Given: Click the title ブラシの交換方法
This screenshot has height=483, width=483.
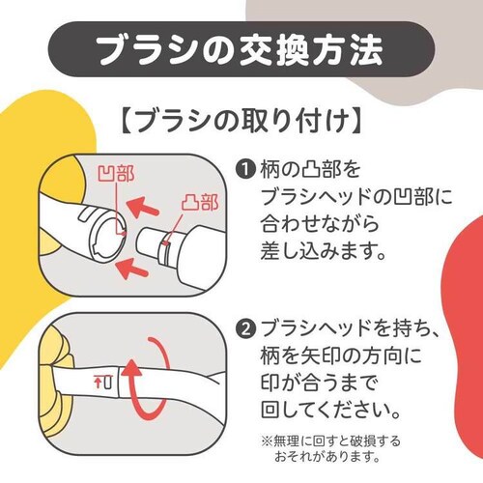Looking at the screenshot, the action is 241,50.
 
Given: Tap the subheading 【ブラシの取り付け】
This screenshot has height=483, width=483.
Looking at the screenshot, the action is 241,121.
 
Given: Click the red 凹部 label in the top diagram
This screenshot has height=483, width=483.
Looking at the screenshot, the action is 116,174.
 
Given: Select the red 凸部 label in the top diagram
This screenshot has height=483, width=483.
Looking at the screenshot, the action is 199,202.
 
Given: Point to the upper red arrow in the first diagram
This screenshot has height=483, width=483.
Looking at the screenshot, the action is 142,207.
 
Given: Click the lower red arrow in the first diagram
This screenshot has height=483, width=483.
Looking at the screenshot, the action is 131,269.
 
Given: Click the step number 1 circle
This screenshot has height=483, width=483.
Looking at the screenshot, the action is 246,169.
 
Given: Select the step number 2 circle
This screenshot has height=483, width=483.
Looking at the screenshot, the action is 246,330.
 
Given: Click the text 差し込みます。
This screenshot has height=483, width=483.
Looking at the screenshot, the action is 324,250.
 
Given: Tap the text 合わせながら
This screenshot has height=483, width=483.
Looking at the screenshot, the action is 320,223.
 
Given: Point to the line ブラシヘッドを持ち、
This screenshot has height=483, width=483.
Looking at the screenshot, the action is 350,330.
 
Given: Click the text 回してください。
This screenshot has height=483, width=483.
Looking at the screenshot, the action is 330,410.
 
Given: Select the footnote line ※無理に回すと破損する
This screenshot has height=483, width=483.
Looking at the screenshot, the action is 331,441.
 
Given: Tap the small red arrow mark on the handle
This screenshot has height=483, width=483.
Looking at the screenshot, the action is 98,383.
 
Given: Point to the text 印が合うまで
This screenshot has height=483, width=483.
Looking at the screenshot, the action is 318,384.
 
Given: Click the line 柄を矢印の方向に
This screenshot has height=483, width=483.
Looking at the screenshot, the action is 341,356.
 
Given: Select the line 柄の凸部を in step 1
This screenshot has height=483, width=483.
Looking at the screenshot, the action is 310,169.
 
